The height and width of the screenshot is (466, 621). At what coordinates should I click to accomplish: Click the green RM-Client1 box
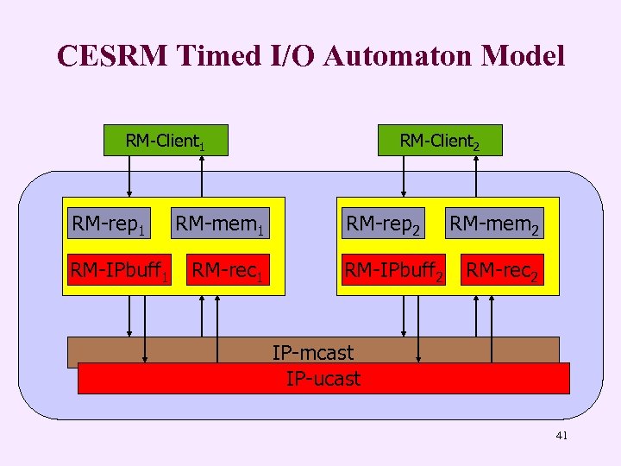tap(165, 141)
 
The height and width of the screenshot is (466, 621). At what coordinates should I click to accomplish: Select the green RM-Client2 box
tap(439, 141)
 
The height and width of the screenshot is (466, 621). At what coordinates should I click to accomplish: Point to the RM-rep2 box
tap(383, 225)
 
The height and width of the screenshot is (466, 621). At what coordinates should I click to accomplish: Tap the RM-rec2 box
tap(504, 270)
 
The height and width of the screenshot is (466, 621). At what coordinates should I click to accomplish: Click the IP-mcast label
tap(312, 351)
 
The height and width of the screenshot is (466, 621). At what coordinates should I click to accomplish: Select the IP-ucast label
tap(323, 378)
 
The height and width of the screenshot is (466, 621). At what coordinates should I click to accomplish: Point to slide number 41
tap(561, 437)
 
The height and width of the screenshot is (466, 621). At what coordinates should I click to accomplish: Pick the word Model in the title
tap(526, 56)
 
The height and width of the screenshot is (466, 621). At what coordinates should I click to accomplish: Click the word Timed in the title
tap(211, 56)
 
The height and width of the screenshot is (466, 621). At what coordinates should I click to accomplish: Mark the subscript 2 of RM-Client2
tap(475, 146)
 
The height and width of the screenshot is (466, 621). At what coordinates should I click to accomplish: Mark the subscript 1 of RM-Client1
tap(201, 146)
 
